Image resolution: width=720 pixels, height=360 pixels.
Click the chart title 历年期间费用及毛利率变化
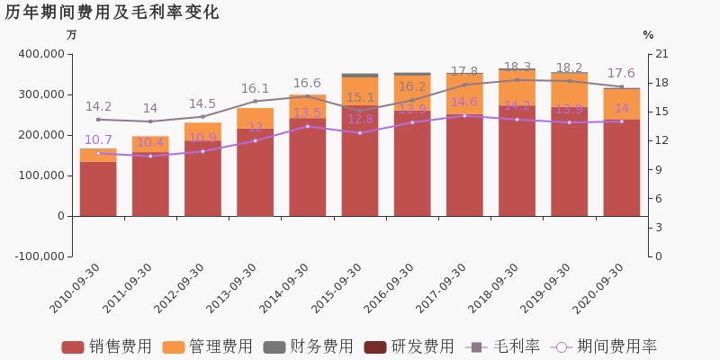coord(112,13)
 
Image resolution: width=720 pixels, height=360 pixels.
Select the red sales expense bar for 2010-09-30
coord(98,188)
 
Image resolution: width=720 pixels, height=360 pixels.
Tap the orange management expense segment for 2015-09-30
coord(360,92)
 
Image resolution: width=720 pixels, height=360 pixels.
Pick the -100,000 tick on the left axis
coord(37,256)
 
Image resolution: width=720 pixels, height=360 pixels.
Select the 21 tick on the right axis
coord(662,54)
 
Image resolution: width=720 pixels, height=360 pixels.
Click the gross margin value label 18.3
coord(517,67)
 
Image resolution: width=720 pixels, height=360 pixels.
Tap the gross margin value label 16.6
coord(307,84)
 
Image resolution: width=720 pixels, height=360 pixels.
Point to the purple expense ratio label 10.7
coord(98,140)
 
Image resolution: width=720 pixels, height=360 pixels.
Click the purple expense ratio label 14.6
coord(463,103)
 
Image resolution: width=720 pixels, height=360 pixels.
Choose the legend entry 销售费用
coord(107,346)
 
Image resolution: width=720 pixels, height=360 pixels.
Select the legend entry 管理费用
coord(208,346)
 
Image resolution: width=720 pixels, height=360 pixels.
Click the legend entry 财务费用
coord(309,346)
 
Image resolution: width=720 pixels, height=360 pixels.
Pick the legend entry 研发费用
coord(409,346)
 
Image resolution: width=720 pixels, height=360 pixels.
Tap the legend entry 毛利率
coord(503,346)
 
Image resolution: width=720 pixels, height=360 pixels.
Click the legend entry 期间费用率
coord(604,346)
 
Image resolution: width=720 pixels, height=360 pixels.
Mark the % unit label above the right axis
coord(648,35)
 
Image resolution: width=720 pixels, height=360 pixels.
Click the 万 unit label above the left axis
coord(72,35)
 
